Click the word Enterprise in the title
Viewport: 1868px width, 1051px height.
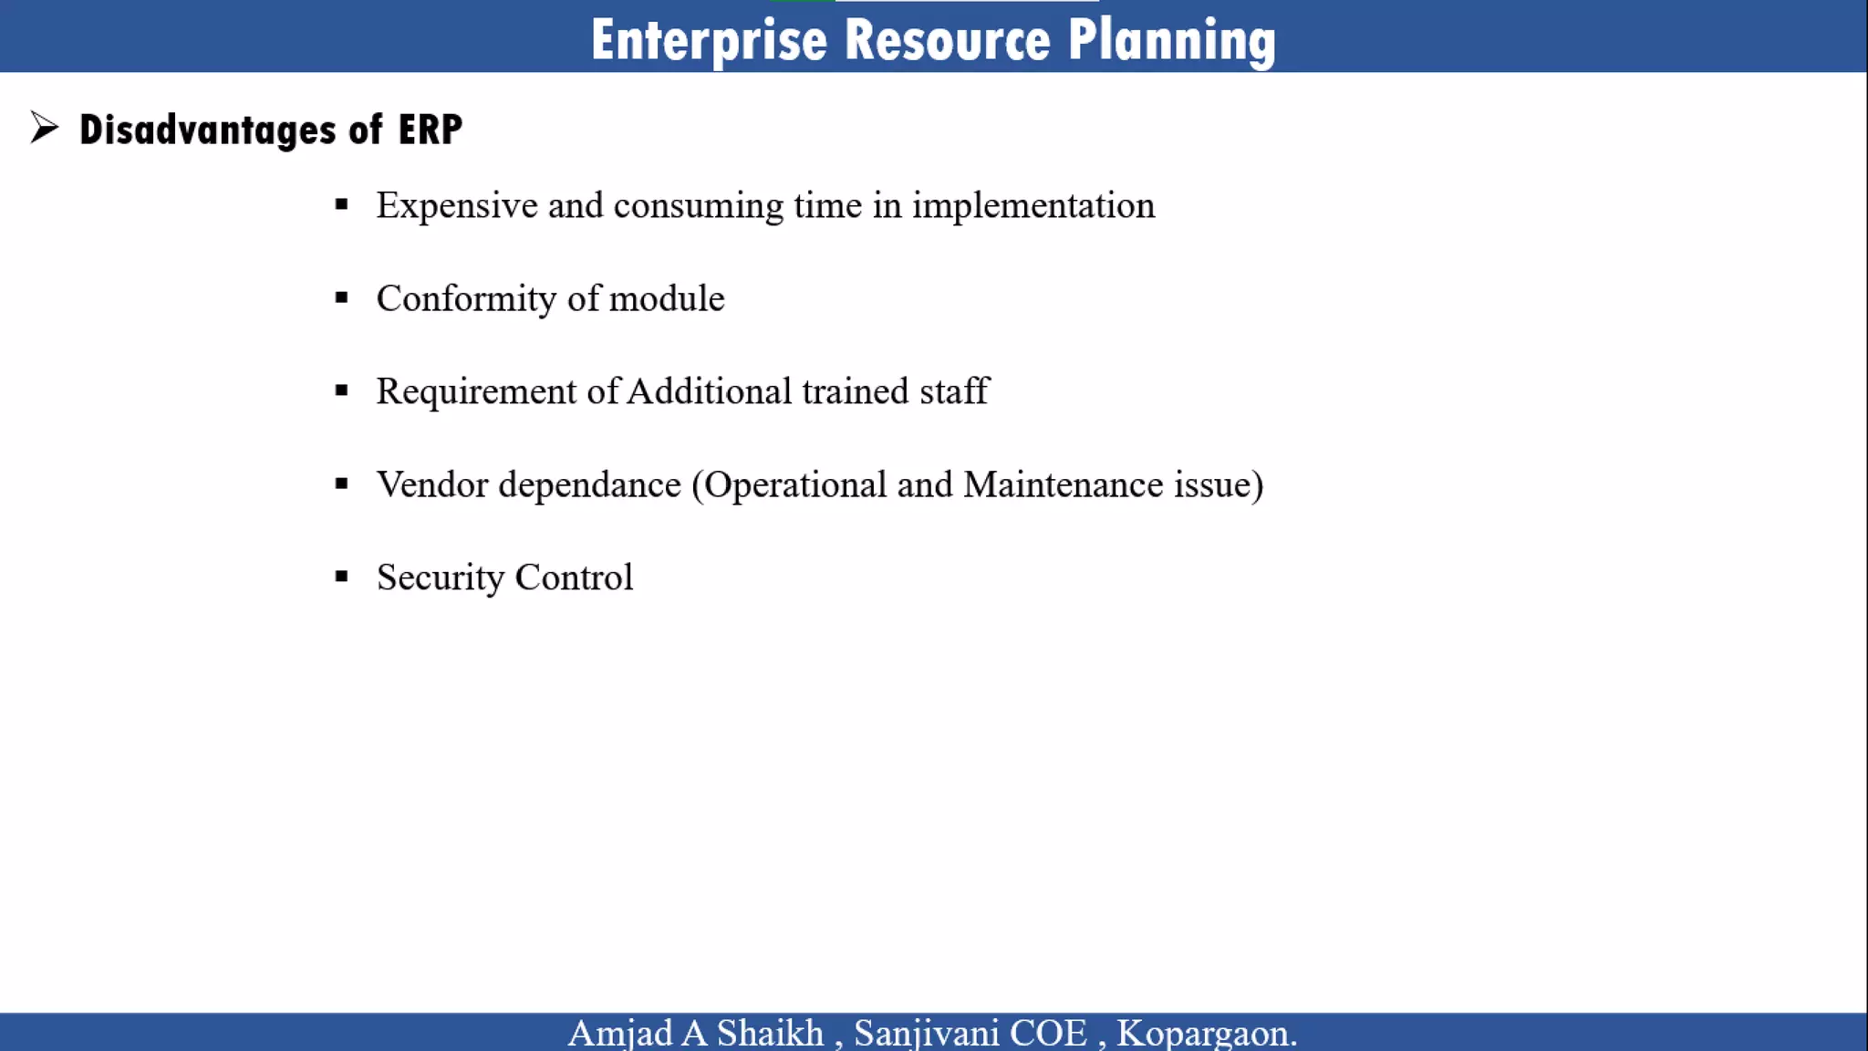(709, 41)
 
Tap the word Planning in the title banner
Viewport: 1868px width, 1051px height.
(1171, 41)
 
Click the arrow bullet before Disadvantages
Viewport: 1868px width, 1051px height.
(44, 128)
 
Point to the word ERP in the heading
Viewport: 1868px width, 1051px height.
(430, 130)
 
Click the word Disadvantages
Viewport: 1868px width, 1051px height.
(207, 130)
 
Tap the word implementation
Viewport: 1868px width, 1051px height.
(1033, 206)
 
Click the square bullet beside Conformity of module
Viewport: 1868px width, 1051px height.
(342, 297)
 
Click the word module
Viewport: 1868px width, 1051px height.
(666, 299)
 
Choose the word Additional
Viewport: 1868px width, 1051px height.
(710, 392)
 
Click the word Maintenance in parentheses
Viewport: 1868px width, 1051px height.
(1063, 485)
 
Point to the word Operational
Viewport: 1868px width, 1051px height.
(795, 485)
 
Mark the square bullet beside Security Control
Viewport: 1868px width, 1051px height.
(342, 577)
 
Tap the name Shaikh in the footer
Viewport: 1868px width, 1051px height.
(770, 1034)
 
